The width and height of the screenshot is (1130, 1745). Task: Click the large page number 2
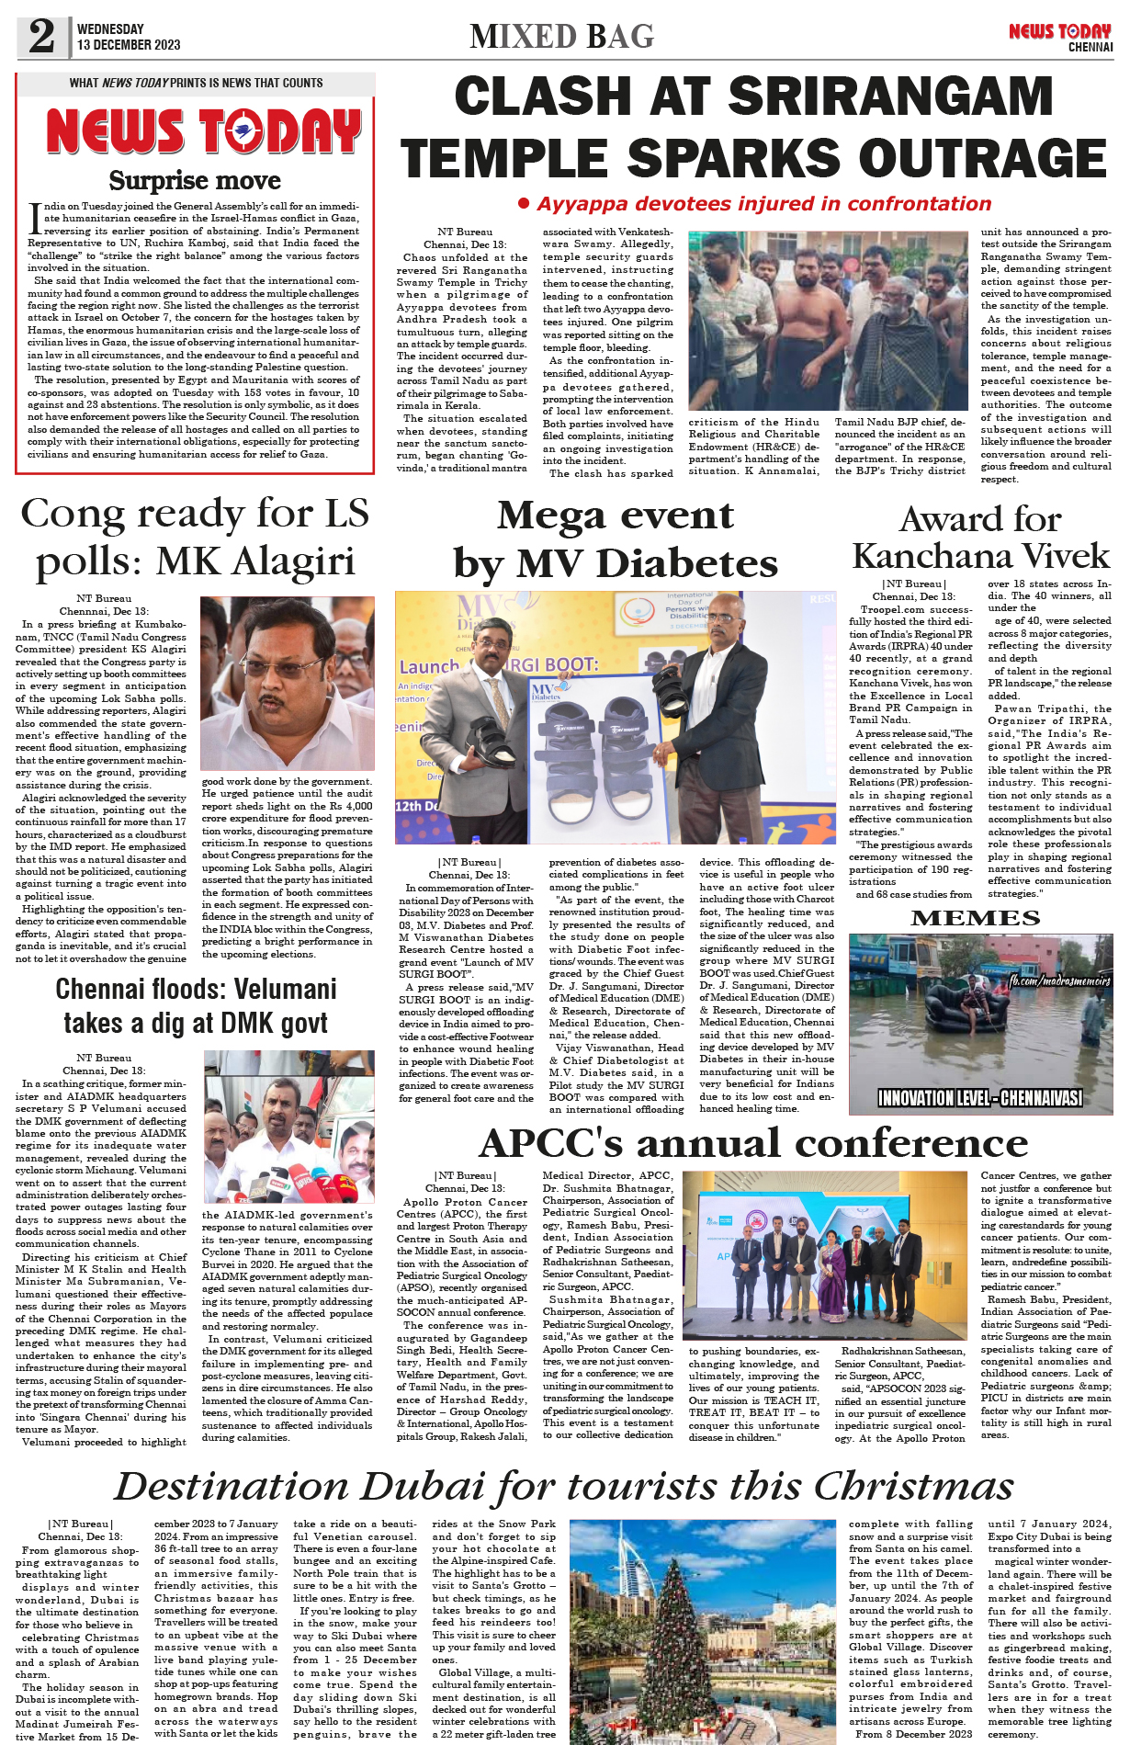point(42,36)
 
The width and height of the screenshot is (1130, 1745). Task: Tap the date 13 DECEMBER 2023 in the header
point(129,45)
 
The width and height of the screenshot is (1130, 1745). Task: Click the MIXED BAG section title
point(561,37)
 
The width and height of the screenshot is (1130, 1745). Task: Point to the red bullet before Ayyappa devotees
point(524,203)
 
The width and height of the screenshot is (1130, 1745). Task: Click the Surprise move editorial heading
point(195,180)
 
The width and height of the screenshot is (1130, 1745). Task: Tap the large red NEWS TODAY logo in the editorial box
point(203,131)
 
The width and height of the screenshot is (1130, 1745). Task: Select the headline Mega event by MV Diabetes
point(616,539)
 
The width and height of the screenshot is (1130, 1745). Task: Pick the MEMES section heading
point(975,918)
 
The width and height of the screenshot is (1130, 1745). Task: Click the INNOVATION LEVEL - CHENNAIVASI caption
point(979,1098)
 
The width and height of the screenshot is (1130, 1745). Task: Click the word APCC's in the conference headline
point(553,1143)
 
